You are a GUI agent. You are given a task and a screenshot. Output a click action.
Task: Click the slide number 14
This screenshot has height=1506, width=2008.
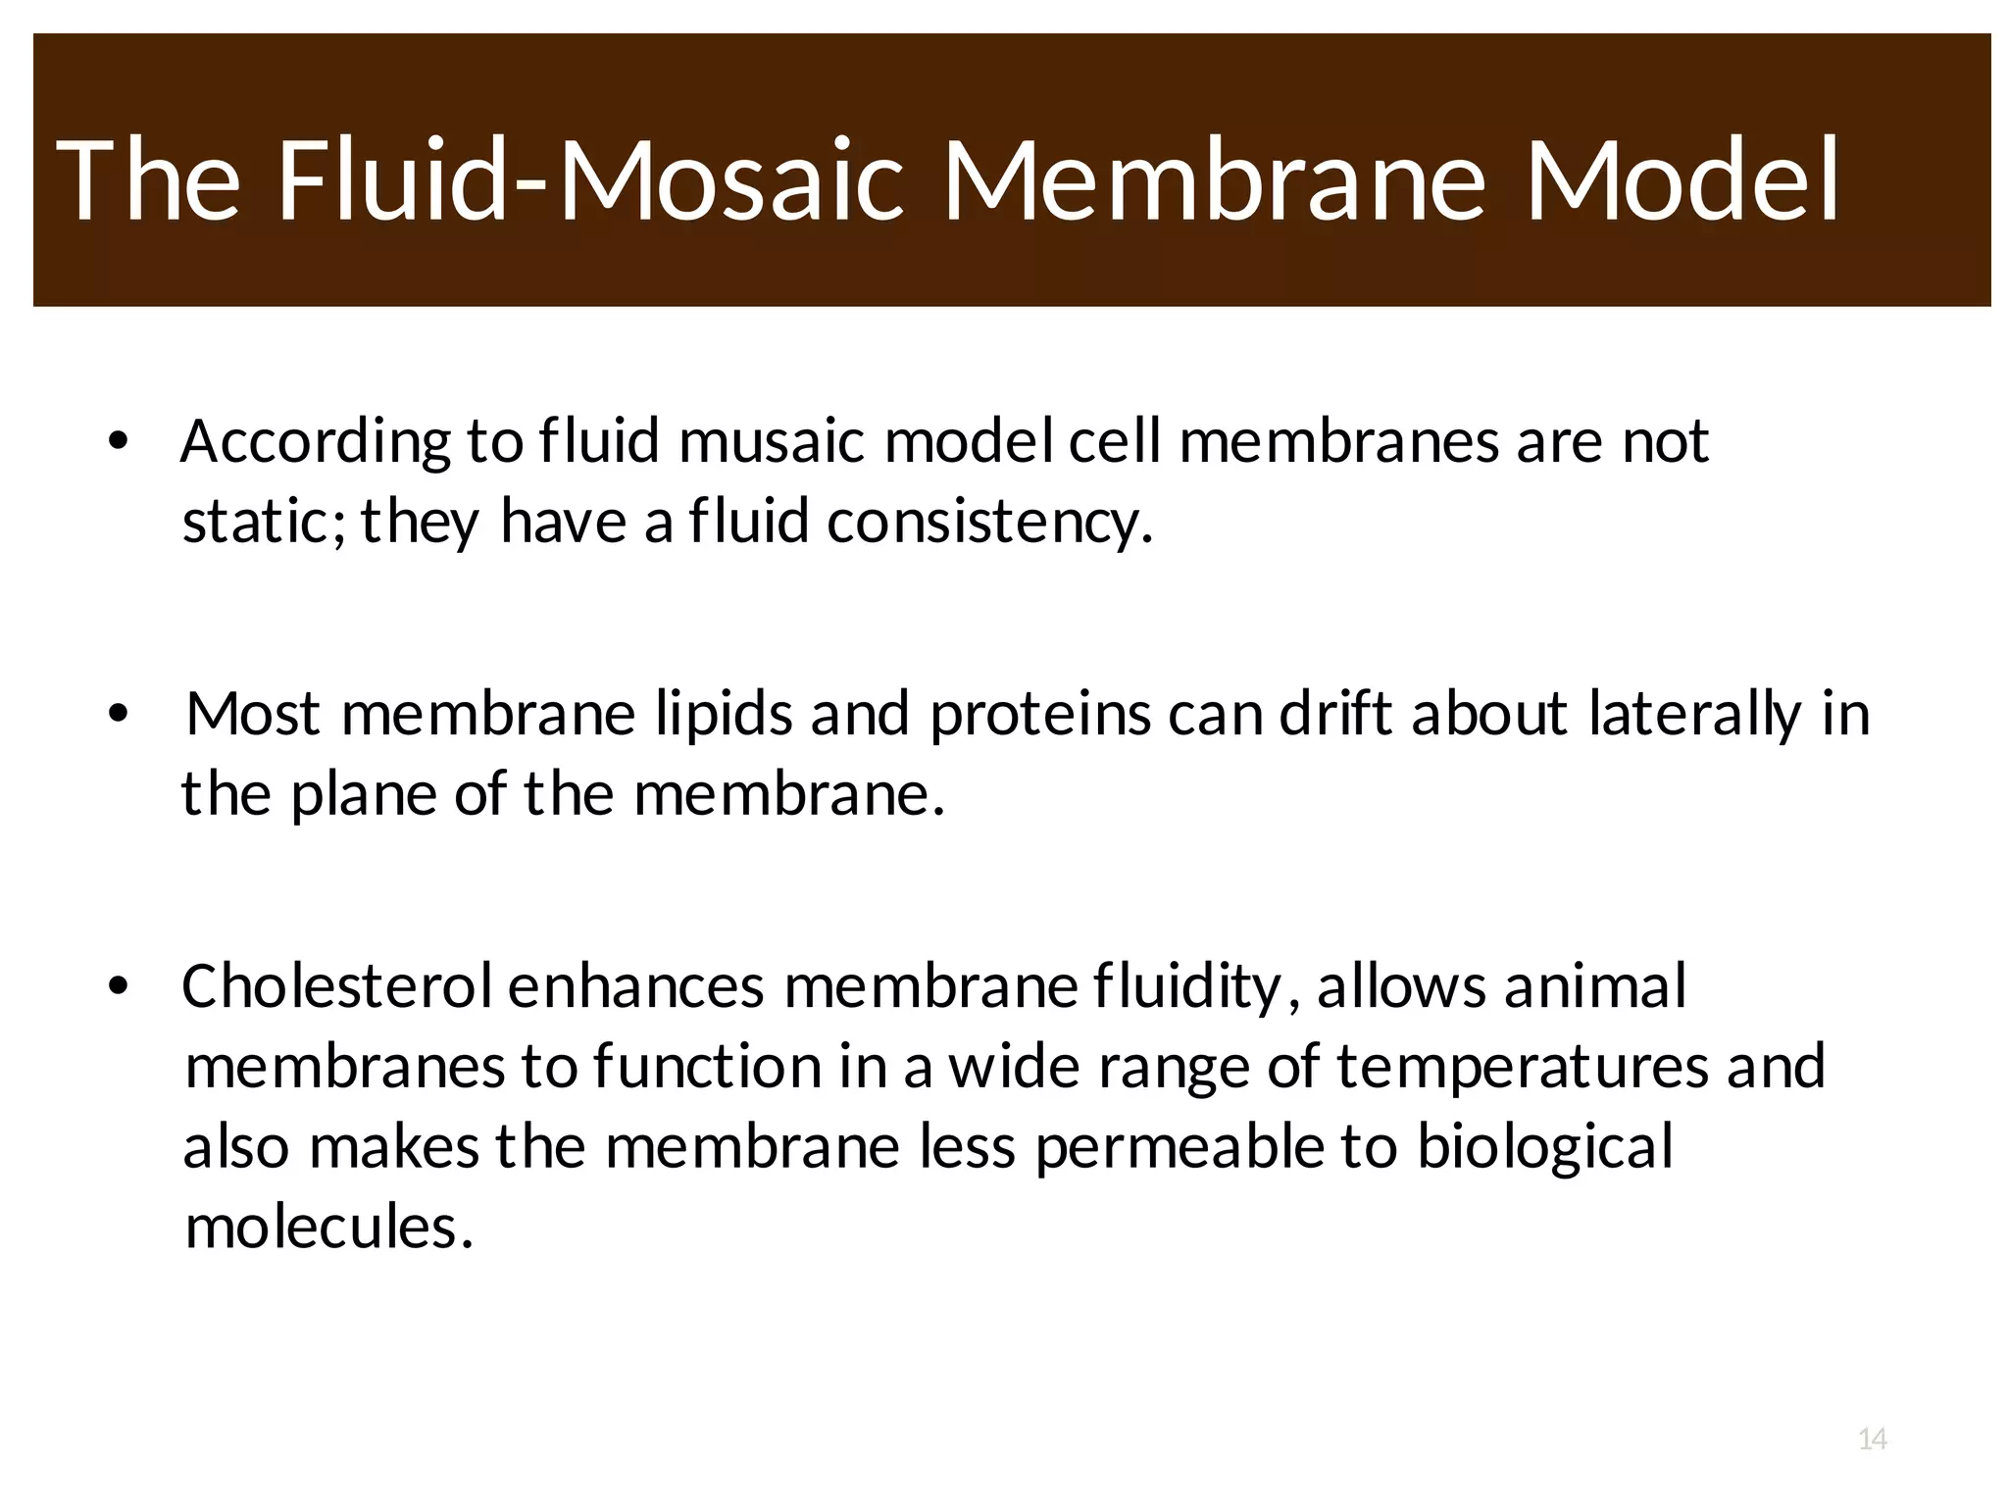(1873, 1439)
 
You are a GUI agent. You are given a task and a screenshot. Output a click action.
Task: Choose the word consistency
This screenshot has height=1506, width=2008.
(989, 523)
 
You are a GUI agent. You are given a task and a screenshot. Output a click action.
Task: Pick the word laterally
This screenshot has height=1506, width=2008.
(1694, 715)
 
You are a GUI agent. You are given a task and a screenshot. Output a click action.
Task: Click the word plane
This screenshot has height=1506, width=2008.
(363, 794)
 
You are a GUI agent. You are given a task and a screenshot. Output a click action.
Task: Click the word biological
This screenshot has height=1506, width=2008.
(1544, 1147)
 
